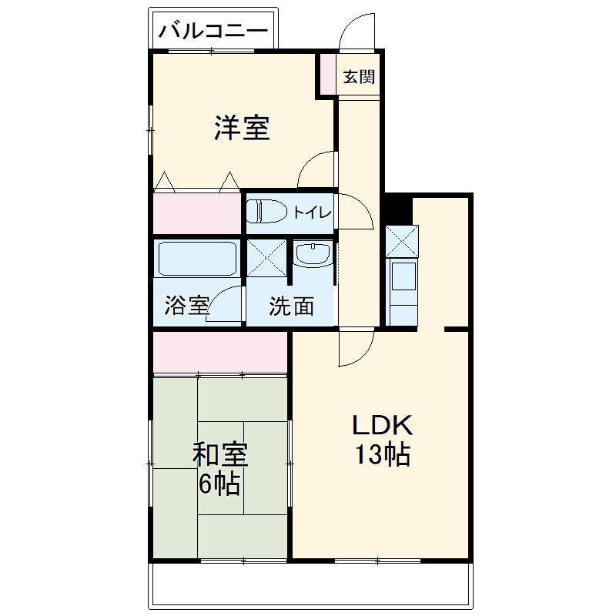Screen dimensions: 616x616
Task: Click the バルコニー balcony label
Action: (213, 31)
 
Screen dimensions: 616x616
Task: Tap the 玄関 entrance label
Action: (359, 76)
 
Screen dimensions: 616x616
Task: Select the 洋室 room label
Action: (242, 128)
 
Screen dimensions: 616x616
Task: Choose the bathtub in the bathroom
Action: (197, 259)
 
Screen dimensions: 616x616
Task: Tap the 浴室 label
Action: (186, 306)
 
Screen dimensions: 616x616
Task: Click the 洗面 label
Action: (291, 306)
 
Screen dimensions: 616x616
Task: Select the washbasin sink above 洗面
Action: (312, 254)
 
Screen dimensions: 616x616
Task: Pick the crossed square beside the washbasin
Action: (266, 256)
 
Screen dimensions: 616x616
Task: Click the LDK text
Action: (383, 426)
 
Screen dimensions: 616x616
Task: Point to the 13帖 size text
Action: (382, 456)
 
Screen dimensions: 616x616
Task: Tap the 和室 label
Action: (219, 454)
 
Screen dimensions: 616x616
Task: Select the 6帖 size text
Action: (219, 485)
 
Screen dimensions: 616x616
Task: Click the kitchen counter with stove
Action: (403, 292)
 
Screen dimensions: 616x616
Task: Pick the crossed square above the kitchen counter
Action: (403, 241)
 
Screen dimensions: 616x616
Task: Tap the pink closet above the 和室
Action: (220, 352)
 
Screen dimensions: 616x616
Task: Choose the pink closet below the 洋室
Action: (197, 213)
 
